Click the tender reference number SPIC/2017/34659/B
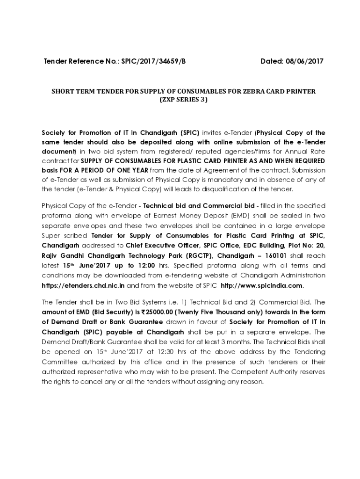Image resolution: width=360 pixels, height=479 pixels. pos(154,61)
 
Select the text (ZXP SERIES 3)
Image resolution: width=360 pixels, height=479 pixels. pos(183,100)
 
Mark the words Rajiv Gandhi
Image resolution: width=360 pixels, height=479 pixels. pos(61,255)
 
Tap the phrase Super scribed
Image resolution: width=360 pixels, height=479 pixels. pos(65,235)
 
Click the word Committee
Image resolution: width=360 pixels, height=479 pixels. pos(59,362)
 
